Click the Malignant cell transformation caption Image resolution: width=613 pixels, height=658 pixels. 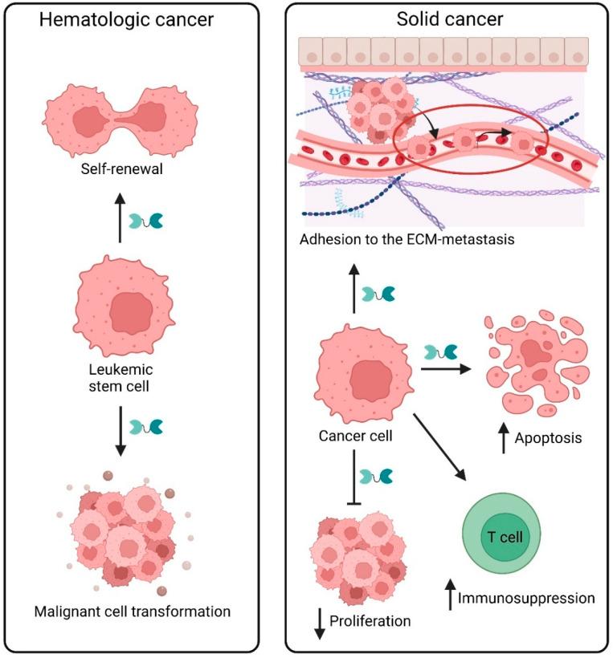pos(132,611)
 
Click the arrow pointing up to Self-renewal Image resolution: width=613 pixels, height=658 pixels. pos(120,219)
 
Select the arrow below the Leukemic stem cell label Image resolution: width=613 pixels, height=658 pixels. pos(120,429)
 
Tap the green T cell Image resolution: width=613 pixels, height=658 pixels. pos(502,536)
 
